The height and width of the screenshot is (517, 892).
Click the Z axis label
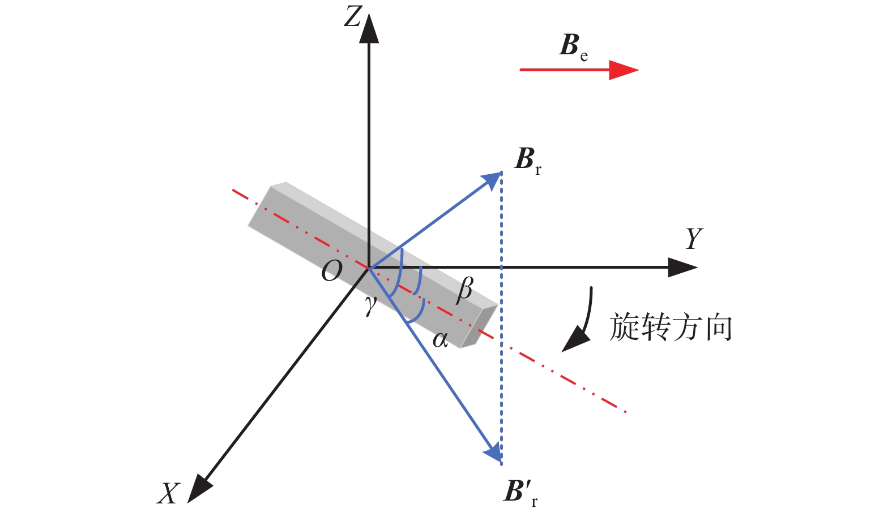353,17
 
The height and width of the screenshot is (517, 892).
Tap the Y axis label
694,238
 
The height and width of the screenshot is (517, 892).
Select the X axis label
168,494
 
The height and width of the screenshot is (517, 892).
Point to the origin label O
332,271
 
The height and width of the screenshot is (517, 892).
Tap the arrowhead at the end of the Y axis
682,267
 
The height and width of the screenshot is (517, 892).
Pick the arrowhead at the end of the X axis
199,490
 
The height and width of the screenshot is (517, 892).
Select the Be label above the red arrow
573,47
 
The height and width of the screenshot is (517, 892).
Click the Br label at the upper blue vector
528,161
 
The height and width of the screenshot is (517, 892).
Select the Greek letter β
465,291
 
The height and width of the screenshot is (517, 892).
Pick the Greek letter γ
371,305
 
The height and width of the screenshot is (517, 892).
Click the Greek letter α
440,340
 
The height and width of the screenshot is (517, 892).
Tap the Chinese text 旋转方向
671,327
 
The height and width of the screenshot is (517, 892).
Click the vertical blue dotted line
501,318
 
